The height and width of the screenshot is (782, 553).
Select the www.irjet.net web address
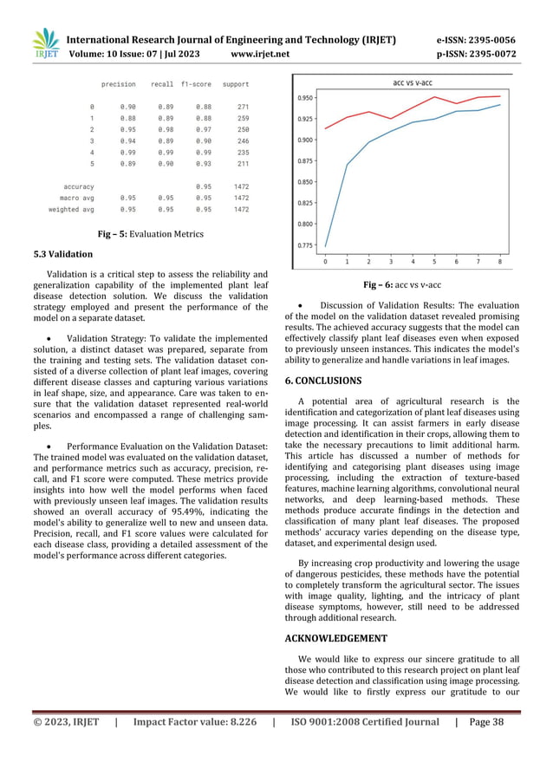point(260,54)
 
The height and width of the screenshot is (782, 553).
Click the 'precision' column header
point(119,84)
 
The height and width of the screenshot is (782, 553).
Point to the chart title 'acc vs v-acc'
point(413,83)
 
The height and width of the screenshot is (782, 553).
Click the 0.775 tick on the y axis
point(306,245)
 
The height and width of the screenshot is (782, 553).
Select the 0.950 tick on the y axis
point(306,98)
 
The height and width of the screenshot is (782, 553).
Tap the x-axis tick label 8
point(499,261)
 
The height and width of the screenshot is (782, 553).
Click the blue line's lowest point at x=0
point(326,246)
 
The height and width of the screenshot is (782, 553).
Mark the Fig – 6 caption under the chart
point(401,284)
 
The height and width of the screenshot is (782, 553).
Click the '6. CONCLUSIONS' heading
point(323,380)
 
